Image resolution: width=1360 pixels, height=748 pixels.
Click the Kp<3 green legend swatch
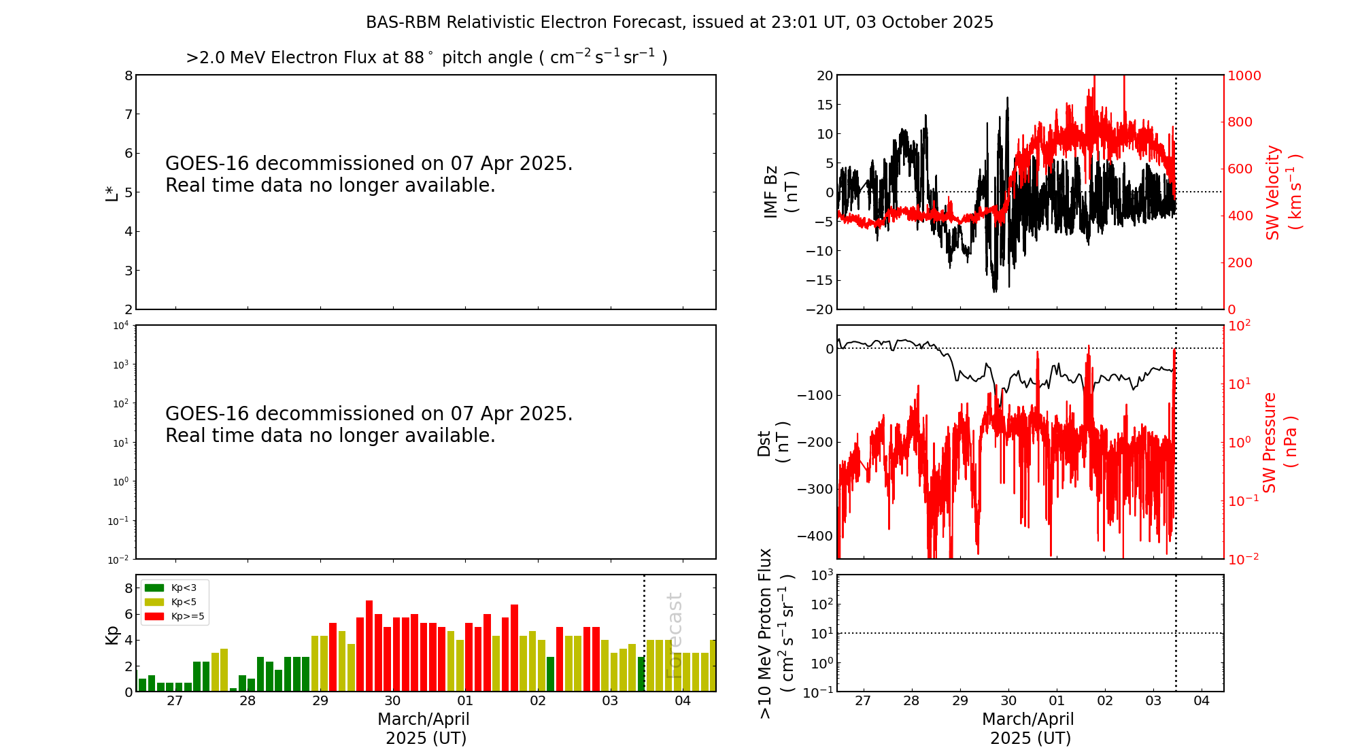(x=154, y=588)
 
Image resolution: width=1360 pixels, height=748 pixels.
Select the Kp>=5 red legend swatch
(x=154, y=617)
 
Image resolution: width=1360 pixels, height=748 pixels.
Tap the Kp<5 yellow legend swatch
(x=154, y=602)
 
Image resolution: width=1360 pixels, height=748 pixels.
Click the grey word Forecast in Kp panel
(x=674, y=635)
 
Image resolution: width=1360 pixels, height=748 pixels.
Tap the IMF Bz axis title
(x=781, y=192)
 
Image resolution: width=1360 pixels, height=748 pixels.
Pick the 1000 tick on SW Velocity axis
(x=1244, y=75)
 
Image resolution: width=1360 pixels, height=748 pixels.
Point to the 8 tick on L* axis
(x=129, y=75)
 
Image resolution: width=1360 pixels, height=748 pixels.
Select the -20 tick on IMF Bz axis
(x=819, y=309)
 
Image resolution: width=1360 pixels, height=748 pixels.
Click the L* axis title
(x=112, y=192)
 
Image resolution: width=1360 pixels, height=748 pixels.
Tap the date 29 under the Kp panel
(x=320, y=701)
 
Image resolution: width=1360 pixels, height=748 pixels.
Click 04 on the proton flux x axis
(x=1202, y=701)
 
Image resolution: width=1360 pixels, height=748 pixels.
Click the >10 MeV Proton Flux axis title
(x=775, y=633)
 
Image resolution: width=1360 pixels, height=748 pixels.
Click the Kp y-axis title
(x=112, y=634)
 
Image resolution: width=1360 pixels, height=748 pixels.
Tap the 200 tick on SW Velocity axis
(x=1240, y=262)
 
